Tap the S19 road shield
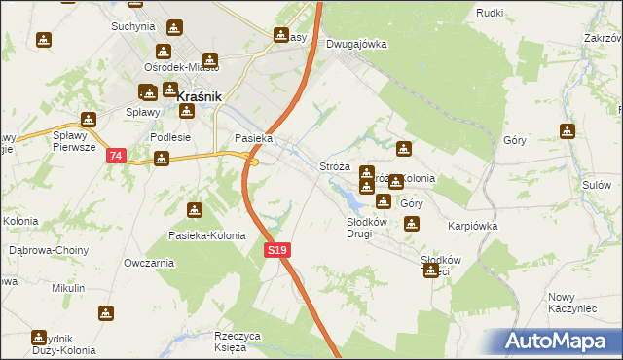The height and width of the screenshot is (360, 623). (277, 250)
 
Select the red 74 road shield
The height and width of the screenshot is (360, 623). (117, 156)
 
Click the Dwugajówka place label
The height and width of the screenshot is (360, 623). (356, 44)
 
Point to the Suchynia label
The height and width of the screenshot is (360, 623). (133, 26)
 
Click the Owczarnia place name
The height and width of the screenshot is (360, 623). (149, 263)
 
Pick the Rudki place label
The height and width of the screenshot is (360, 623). (489, 12)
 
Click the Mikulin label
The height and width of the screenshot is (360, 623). (68, 289)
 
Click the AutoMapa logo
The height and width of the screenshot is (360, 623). (556, 341)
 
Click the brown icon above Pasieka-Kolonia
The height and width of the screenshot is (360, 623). (195, 209)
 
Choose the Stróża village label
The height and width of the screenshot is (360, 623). (335, 167)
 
